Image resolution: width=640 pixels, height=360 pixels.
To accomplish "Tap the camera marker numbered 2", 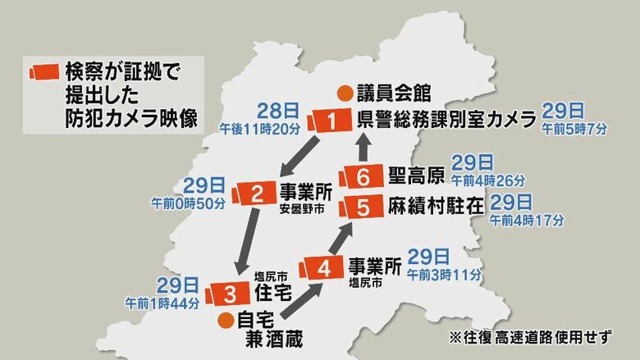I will [x=257, y=194].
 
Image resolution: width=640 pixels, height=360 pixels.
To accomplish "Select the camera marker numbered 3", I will [x=231, y=293].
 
